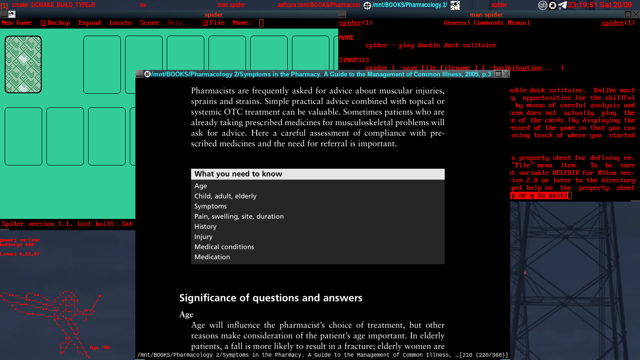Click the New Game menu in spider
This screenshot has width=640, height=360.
(x=17, y=23)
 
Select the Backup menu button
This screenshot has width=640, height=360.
(x=56, y=23)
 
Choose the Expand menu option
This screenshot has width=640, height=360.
(x=89, y=23)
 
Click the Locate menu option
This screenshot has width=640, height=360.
(x=120, y=23)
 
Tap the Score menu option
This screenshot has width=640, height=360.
(x=149, y=23)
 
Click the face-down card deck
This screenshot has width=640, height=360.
(x=23, y=64)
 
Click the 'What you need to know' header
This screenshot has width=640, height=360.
(x=238, y=174)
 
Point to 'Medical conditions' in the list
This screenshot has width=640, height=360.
(x=224, y=247)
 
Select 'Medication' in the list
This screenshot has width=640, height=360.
(x=212, y=257)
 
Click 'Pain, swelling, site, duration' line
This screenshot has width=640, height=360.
(x=239, y=217)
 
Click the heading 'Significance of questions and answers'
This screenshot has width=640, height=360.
(x=271, y=298)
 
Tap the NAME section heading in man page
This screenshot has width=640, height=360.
(x=347, y=38)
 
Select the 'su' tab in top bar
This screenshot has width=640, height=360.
(x=143, y=5)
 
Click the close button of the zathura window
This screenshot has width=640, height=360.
(x=506, y=74)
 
